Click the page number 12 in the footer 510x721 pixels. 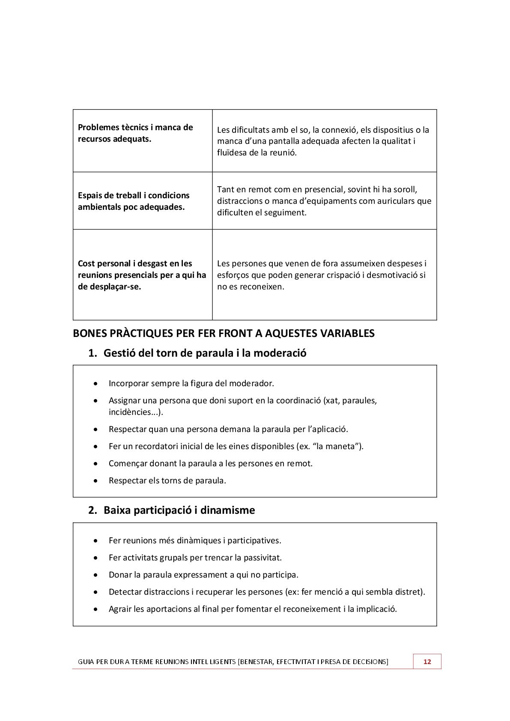[x=427, y=661]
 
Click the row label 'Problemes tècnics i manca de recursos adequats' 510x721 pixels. [x=135, y=133]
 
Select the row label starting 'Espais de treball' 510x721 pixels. [x=134, y=201]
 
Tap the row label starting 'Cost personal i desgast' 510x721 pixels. [x=142, y=275]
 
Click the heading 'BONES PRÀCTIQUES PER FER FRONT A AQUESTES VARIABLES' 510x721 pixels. [x=224, y=334]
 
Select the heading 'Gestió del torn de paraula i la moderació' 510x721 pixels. [x=205, y=353]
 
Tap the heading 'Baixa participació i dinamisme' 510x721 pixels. [x=179, y=510]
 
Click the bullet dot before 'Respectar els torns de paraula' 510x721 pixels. [x=96, y=481]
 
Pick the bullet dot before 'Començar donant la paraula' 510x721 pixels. [x=96, y=464]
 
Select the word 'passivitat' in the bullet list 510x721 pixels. [x=262, y=557]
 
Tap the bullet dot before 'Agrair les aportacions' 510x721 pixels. [x=96, y=609]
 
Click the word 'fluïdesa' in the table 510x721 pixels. [x=232, y=152]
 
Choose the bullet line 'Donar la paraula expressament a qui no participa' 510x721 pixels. [x=203, y=575]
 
